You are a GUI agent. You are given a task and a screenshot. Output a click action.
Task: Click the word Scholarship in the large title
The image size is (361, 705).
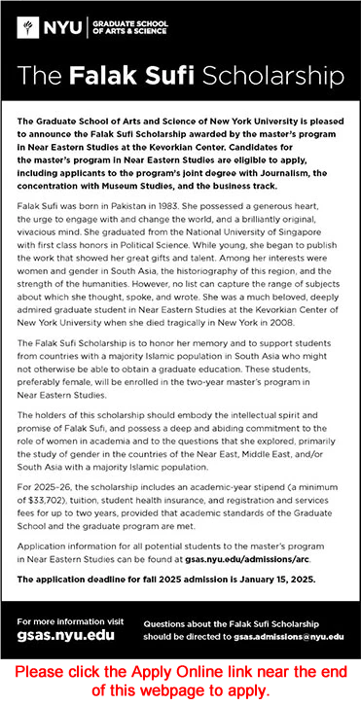[284, 76]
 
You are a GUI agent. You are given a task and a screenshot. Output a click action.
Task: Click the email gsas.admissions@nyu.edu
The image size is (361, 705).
[288, 636]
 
